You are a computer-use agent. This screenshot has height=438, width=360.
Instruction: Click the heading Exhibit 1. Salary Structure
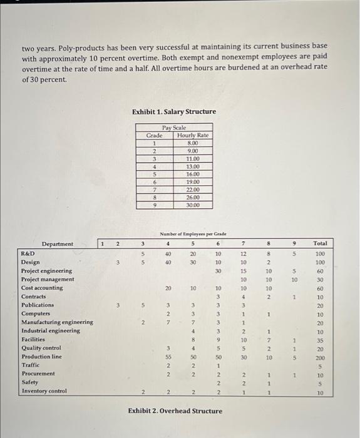coord(174,111)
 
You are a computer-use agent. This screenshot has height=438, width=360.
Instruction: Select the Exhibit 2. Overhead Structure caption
coord(175,410)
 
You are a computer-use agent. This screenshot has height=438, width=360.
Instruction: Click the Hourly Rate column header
coord(193,135)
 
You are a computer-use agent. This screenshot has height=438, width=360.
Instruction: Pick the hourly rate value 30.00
coord(193,205)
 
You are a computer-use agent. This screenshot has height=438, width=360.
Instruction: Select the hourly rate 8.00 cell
coord(193,143)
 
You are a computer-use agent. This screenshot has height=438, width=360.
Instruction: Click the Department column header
coord(58,243)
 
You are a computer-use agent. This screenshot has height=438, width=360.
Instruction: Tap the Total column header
coord(320,243)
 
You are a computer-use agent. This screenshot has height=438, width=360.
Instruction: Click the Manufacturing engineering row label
coord(57,322)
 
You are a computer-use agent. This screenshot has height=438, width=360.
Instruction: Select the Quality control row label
coord(41,348)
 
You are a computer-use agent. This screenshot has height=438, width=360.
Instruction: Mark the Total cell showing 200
coord(320,357)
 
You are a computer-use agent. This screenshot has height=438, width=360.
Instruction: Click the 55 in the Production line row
coord(168,357)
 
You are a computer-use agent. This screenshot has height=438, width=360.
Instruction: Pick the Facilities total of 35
coord(320,339)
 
